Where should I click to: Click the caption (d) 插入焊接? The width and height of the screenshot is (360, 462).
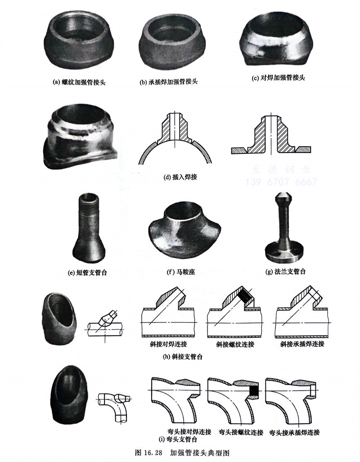180,177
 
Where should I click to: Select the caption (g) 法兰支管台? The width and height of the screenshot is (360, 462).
287,272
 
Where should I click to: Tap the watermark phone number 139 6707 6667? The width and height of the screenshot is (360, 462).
281,182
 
